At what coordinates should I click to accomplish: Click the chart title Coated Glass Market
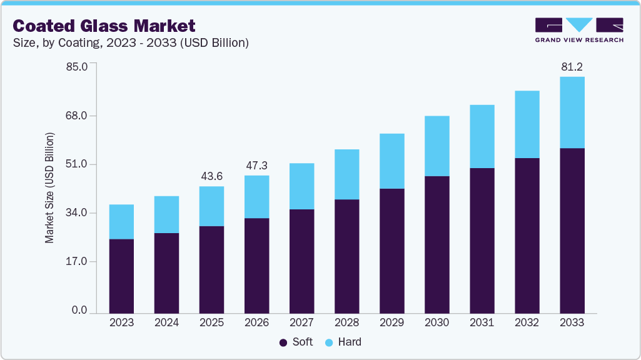coord(104,26)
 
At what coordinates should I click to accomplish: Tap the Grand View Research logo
coord(579,30)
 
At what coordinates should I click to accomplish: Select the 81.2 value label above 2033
coord(572,66)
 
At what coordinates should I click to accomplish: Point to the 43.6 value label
coord(211,176)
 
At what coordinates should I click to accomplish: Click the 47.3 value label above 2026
coord(256,166)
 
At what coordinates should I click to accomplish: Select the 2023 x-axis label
coord(121,322)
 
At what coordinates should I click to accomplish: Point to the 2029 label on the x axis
coord(391,322)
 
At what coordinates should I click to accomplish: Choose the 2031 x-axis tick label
coord(482,322)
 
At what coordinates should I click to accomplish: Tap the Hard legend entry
coord(343,342)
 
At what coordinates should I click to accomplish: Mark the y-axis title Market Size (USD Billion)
coord(49,187)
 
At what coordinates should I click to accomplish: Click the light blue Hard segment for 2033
coord(572,112)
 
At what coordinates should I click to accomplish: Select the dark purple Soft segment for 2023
coord(121,276)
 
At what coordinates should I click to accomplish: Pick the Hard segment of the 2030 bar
coord(437,146)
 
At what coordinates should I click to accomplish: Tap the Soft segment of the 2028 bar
coord(346,256)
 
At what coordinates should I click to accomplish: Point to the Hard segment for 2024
coord(166,215)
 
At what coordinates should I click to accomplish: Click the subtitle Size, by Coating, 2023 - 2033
coord(131,43)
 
